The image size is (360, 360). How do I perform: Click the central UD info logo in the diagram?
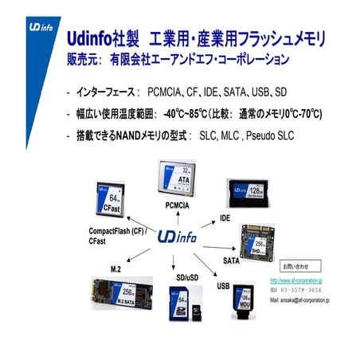(178, 237)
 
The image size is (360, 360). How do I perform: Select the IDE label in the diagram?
(225, 217)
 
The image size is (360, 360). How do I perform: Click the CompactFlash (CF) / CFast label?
(112, 235)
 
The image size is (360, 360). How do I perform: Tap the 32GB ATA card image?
(179, 179)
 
